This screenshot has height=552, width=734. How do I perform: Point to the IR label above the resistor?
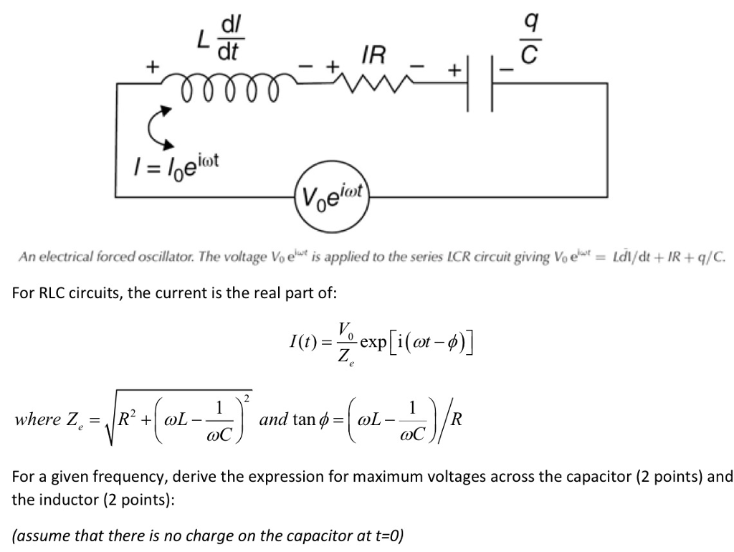point(373,52)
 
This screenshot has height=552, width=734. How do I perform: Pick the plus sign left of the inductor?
point(151,68)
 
